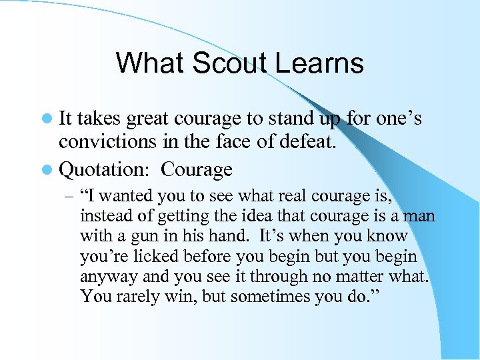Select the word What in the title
[x=148, y=63]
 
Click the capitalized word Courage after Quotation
[x=197, y=169]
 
